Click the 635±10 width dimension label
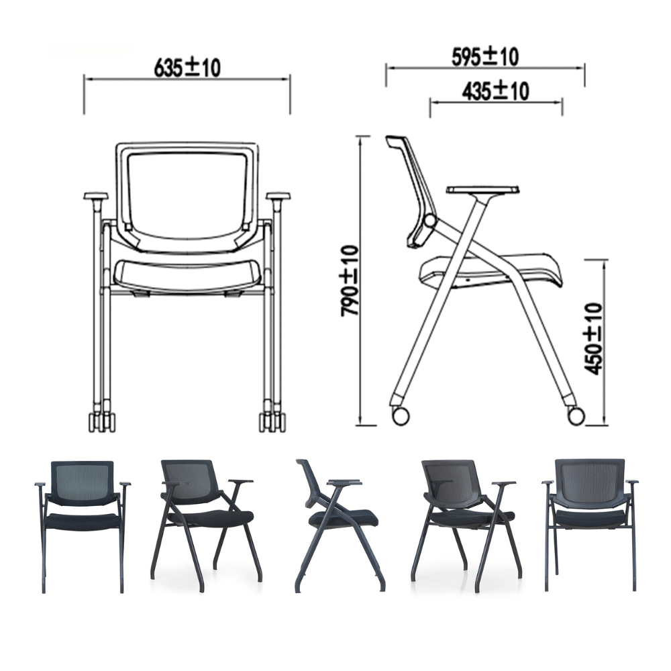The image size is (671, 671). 187,67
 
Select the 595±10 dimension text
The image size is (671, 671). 485,57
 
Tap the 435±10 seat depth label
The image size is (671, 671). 495,91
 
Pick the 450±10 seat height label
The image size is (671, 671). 593,339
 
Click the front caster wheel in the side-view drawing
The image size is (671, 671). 576,415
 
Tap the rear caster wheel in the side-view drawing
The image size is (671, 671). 400,415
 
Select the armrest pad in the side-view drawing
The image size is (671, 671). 484,190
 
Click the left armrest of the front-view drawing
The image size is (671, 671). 95,197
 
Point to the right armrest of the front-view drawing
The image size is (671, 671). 278,197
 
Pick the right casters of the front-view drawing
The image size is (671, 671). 272,421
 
